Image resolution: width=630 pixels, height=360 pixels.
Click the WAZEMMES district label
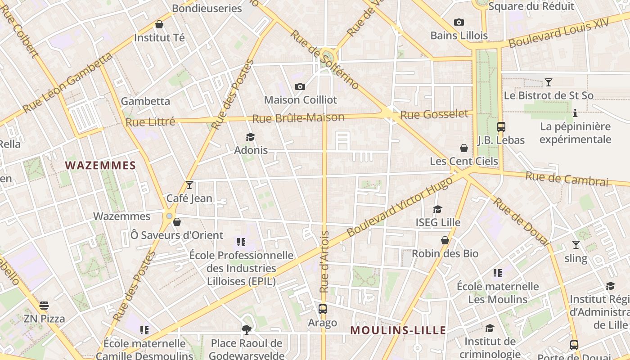coord(100,166)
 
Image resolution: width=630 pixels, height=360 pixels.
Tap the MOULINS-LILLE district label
coord(398,331)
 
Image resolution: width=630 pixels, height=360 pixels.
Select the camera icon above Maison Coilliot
coord(300,86)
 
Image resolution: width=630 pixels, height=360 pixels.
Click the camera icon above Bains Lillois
coord(459,22)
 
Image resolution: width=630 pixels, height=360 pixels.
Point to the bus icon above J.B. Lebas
coord(501,127)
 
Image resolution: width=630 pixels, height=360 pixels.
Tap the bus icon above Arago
coord(322,309)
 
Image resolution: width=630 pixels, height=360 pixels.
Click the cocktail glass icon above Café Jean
coord(189,185)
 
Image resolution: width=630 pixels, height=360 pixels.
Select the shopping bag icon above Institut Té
coord(159,24)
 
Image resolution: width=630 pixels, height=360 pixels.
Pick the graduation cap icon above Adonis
coord(251,137)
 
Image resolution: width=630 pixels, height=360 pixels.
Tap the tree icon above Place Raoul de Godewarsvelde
coord(246,330)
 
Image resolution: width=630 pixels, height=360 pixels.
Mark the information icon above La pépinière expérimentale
coord(575,113)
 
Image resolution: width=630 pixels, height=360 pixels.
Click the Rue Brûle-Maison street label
coord(298,118)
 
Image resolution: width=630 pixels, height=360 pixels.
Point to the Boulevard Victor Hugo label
coord(400,207)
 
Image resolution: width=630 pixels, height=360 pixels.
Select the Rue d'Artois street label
coord(324,262)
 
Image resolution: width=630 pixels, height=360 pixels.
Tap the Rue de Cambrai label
coord(567,179)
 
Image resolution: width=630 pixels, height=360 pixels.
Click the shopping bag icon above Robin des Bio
coord(445,241)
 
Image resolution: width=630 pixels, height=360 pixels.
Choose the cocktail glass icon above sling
coord(576,245)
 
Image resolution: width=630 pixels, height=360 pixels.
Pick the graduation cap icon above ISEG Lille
coord(437,209)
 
